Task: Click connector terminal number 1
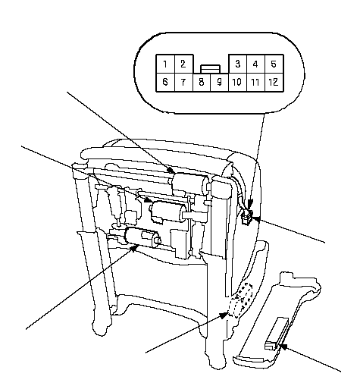(x=165, y=64)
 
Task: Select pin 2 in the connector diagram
(x=183, y=64)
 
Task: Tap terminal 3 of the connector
(x=238, y=64)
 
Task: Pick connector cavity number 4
(x=255, y=64)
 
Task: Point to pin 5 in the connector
(x=274, y=64)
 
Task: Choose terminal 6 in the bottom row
(x=165, y=82)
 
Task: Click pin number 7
(x=183, y=82)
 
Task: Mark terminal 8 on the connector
(x=202, y=82)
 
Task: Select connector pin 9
(x=220, y=82)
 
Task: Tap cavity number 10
(x=237, y=82)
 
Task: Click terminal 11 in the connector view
(x=255, y=82)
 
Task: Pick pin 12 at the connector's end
(x=274, y=82)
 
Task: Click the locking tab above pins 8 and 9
(x=210, y=69)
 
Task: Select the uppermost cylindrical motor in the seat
(x=191, y=184)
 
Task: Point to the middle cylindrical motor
(x=169, y=212)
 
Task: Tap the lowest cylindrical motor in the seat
(x=142, y=237)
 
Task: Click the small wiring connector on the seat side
(x=247, y=217)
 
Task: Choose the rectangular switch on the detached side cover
(x=276, y=334)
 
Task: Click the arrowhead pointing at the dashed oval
(x=224, y=315)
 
